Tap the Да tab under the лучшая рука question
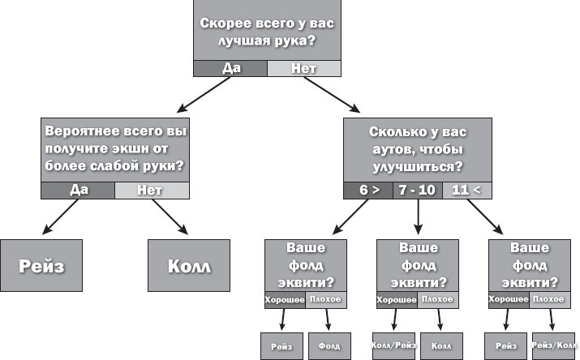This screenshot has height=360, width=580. [230, 69]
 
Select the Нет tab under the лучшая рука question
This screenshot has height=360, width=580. [303, 69]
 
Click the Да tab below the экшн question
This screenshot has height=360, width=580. [79, 191]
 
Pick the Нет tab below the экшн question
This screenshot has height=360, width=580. [151, 191]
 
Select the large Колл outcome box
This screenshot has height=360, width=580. [188, 265]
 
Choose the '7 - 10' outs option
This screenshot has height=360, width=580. [417, 191]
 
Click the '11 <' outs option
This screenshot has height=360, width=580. [466, 191]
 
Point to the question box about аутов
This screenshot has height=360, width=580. [417, 149]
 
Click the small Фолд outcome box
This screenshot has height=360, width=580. [328, 346]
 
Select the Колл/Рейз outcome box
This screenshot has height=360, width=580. [393, 346]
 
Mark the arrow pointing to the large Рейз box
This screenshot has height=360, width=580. [56, 218]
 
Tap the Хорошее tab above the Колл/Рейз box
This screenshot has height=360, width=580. [397, 300]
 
